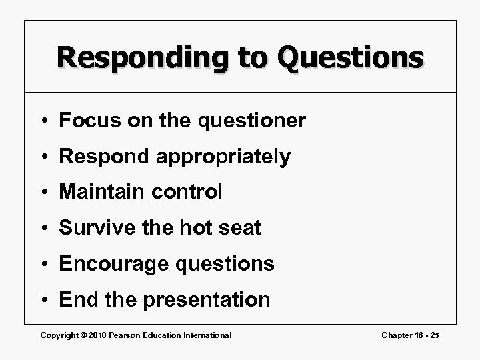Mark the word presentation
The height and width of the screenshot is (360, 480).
pyautogui.click(x=207, y=300)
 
